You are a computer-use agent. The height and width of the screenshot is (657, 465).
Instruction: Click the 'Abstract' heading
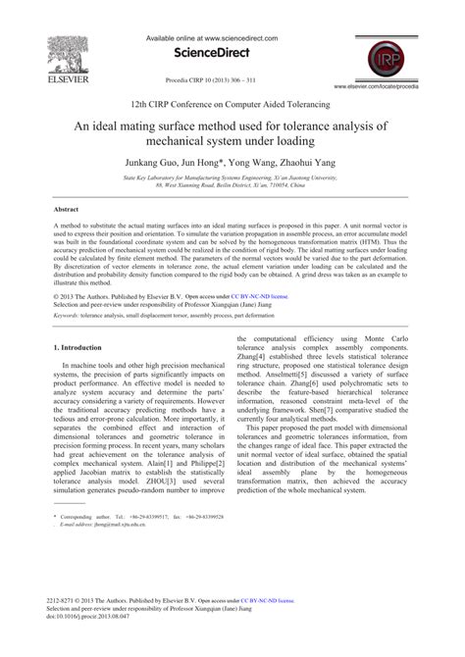66,210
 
